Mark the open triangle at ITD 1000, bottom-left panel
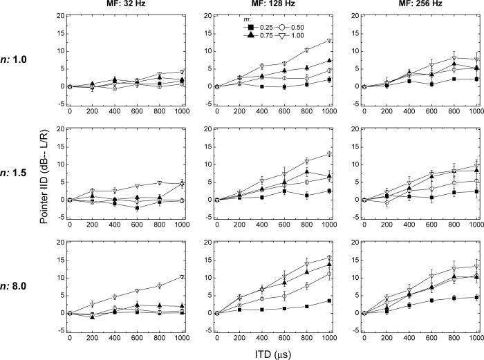182,276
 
